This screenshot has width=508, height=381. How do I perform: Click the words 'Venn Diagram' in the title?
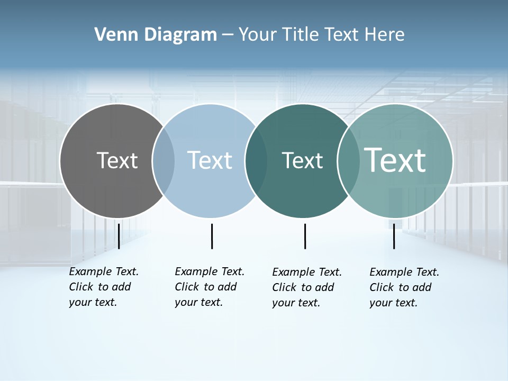tap(156, 35)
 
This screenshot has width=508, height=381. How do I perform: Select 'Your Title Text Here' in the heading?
tap(321, 35)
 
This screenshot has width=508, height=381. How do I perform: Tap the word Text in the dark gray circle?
tap(117, 160)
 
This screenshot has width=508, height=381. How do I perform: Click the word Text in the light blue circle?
tap(210, 160)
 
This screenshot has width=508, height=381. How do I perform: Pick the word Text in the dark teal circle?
tap(302, 160)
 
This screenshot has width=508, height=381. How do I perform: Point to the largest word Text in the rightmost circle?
tap(395, 160)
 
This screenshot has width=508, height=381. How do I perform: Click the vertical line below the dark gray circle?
tap(119, 236)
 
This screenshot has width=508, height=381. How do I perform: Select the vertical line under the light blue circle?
tap(212, 236)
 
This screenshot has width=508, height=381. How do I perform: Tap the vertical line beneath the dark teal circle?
tap(305, 236)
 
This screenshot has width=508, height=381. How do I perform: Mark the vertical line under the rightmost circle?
tap(394, 236)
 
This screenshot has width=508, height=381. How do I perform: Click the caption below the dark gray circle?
tap(104, 287)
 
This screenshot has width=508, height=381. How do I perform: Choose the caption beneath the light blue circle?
tap(210, 287)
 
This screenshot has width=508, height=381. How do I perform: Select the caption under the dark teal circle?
tap(307, 287)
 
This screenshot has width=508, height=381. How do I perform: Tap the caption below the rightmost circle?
tap(404, 287)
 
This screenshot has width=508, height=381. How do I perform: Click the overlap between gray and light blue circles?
tap(164, 160)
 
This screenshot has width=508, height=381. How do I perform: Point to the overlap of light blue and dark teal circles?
tap(256, 160)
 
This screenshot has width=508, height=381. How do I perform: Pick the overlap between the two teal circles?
tap(348, 160)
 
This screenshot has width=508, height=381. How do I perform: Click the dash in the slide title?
tap(228, 35)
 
